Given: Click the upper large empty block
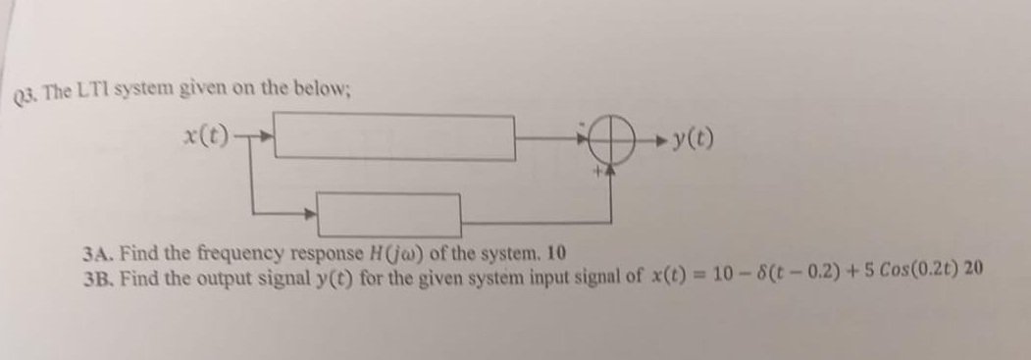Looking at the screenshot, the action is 398,137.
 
